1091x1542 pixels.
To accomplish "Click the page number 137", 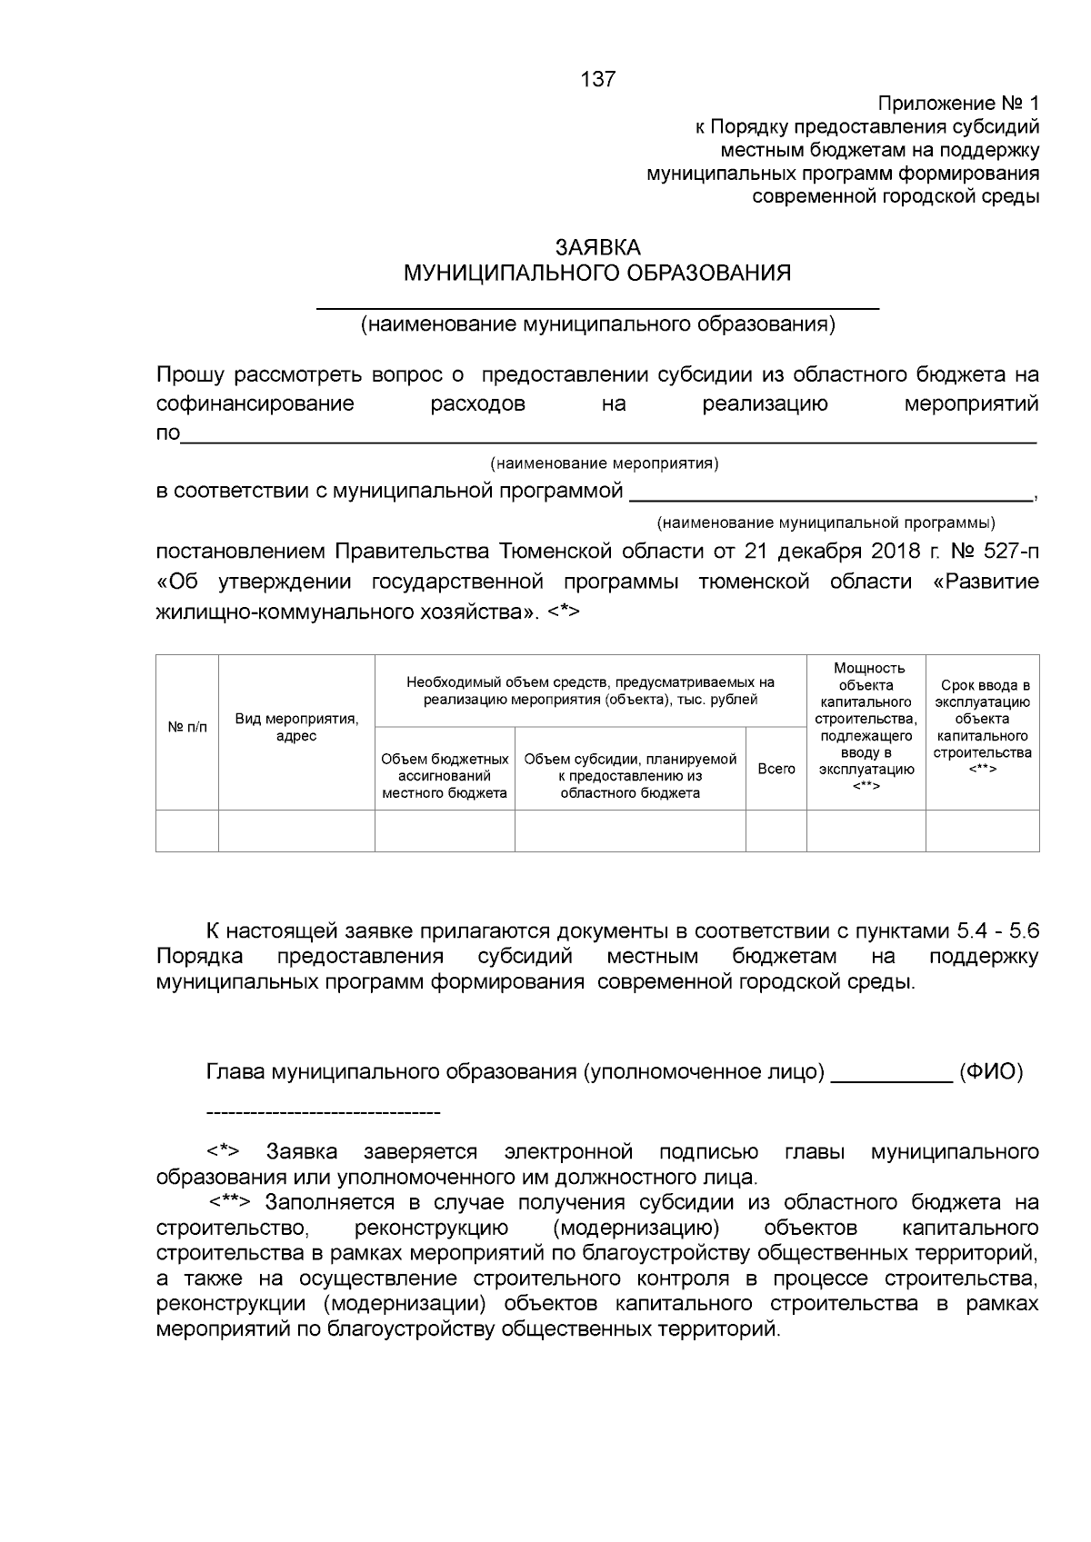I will coord(598,79).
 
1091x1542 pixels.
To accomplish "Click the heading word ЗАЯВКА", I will coord(598,247).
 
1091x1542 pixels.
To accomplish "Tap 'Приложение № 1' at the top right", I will coord(957,103).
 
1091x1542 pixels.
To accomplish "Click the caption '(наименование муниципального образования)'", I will coord(597,324).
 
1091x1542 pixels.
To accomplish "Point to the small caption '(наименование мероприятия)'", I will coord(605,463).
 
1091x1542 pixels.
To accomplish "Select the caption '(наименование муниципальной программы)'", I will coord(826,522).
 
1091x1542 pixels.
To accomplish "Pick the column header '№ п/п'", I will coord(187,727).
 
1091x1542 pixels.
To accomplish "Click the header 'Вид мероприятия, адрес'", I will coord(296,727).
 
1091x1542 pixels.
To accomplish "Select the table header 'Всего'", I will coord(776,769).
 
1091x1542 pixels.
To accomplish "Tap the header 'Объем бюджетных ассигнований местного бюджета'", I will coord(445,776).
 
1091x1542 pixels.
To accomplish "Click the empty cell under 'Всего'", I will coord(776,831).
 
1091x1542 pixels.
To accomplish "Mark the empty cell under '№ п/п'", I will coord(187,831).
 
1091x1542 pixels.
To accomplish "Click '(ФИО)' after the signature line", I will coord(991,1072).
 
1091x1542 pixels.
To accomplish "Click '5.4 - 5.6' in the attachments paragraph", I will coord(998,931).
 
